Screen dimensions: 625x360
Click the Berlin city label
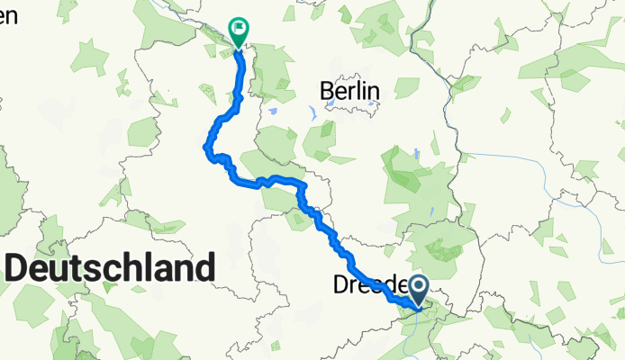click(350, 90)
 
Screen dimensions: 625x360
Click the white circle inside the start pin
click(420, 287)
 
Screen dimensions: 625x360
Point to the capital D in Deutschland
click(18, 268)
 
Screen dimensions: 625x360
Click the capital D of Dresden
click(340, 285)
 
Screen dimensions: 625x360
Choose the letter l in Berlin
click(358, 90)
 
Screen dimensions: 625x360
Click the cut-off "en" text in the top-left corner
click(8, 14)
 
